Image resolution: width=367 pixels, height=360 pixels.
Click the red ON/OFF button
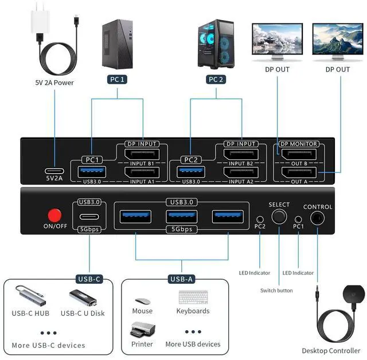(x=54, y=215)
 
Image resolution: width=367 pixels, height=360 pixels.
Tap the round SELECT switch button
(x=279, y=217)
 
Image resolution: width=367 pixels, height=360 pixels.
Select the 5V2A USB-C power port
(x=54, y=171)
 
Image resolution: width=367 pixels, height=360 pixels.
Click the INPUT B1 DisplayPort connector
(x=142, y=154)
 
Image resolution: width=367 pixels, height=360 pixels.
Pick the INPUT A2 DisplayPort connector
(x=241, y=171)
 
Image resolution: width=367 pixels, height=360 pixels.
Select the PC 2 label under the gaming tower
(x=216, y=80)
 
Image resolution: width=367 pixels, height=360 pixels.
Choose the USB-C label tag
(x=89, y=279)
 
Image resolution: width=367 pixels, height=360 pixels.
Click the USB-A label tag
(x=181, y=279)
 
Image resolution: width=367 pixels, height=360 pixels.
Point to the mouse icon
(x=142, y=302)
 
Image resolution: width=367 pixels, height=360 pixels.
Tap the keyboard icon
(x=193, y=299)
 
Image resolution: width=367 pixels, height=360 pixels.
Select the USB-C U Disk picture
(x=83, y=298)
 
